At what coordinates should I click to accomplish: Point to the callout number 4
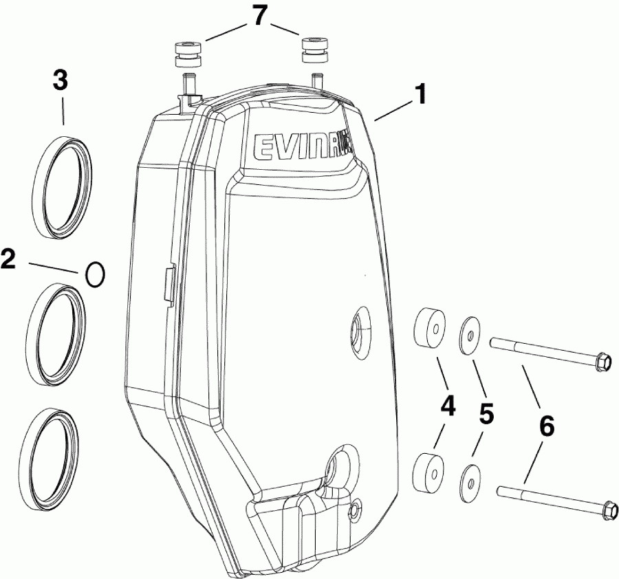click(448, 407)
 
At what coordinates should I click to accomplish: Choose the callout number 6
click(545, 426)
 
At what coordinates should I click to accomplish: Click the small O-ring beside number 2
click(95, 274)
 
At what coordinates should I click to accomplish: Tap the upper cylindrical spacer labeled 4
click(428, 325)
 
